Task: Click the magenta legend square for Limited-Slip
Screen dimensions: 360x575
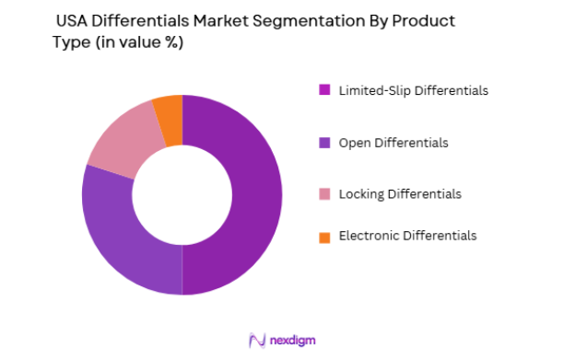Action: click(323, 90)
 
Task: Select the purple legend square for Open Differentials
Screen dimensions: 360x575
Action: click(323, 143)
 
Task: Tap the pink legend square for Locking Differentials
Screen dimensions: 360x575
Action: click(323, 194)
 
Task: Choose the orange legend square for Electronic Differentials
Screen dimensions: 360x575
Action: click(323, 237)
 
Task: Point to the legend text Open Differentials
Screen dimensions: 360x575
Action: click(393, 143)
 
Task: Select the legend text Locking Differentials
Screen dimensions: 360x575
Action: click(400, 194)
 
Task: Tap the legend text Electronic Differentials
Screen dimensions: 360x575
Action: click(407, 236)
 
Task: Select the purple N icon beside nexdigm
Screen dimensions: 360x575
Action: click(258, 341)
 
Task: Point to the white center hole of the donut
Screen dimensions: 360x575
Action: click(182, 194)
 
